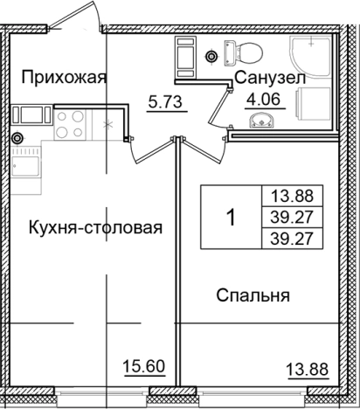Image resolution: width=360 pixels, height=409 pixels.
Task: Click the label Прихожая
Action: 63,77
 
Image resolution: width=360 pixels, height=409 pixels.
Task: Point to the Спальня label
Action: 253,296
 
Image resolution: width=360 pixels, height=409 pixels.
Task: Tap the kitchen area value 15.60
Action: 144,368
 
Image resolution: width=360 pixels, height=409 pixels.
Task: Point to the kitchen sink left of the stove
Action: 34,114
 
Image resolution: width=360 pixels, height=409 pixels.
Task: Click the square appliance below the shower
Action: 314,105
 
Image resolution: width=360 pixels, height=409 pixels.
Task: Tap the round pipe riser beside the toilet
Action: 211,57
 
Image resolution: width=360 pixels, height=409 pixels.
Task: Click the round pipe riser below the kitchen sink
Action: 17,137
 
